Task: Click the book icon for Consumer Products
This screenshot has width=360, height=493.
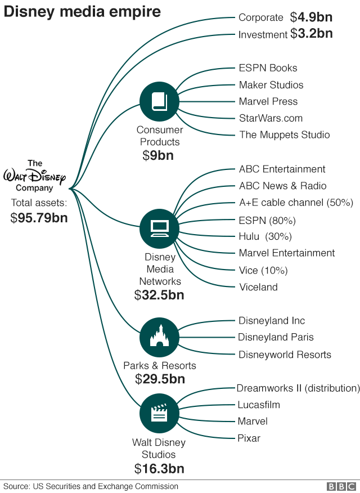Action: coord(159,101)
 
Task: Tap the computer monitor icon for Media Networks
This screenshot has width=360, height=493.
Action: coord(159,227)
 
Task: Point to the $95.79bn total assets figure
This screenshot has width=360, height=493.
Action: coord(39,218)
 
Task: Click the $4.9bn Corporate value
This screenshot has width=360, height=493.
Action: coord(311,17)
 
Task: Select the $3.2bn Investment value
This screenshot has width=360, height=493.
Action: coord(311,34)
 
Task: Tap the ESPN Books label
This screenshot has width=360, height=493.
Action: coord(268,68)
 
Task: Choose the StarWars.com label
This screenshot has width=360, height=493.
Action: coord(271,118)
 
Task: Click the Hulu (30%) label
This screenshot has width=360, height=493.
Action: coord(265,236)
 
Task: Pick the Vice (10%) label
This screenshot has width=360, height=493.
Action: coord(263,270)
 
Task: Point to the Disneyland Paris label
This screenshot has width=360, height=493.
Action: coord(276,337)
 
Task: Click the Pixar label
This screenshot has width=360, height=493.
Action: coord(249,438)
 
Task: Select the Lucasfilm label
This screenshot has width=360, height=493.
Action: coord(258,405)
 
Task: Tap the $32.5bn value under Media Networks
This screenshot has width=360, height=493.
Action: coord(159,295)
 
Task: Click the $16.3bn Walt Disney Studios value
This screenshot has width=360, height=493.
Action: coord(159,468)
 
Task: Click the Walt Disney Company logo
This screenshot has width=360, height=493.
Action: coord(34,176)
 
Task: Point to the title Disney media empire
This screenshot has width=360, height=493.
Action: coord(82,11)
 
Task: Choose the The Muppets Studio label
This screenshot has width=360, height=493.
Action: coord(284,135)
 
